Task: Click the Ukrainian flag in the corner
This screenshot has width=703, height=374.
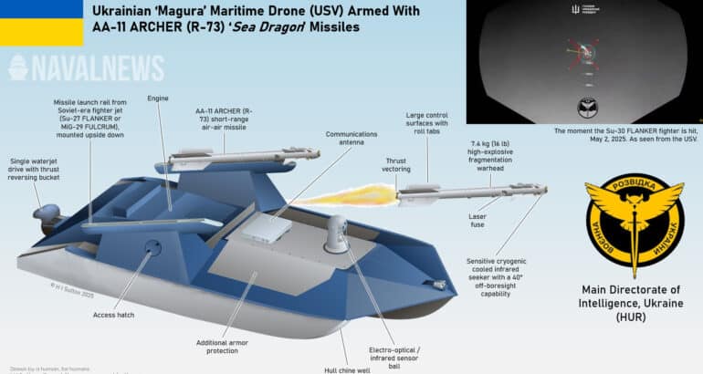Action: click(29, 22)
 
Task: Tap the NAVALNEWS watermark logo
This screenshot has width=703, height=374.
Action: click(86, 68)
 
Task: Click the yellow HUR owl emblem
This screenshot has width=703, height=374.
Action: click(633, 219)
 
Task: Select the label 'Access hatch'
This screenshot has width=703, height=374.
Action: click(115, 315)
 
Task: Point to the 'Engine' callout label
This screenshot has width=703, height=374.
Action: click(157, 98)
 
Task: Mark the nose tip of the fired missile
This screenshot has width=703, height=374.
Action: click(545, 189)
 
